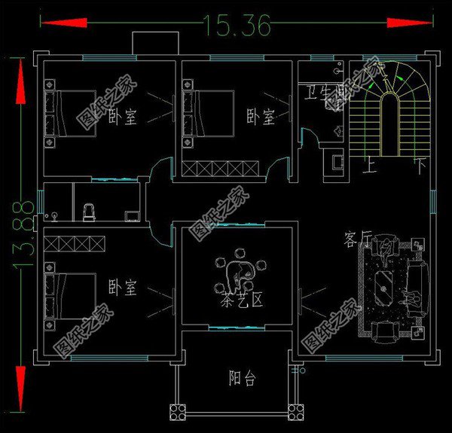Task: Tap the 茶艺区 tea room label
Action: [x=241, y=300]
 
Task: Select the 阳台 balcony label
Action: [x=242, y=378]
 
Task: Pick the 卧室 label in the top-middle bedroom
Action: [x=260, y=116]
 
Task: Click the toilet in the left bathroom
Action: [x=87, y=210]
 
